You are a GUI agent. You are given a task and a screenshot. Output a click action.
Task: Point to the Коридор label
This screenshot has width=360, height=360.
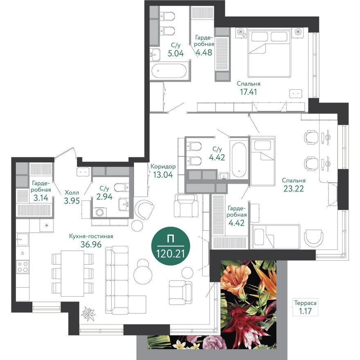[163, 166]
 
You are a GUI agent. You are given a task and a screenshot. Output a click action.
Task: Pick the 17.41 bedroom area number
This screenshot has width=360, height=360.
[249, 92]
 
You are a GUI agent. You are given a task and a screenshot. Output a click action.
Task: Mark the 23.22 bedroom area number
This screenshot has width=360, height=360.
[294, 189]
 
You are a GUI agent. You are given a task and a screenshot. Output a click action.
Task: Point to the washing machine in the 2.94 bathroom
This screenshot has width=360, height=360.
[99, 213]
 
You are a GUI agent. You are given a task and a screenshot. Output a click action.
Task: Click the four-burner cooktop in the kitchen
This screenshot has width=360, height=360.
[22, 267]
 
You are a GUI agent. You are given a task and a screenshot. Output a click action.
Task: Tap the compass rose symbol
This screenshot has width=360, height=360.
[89, 315]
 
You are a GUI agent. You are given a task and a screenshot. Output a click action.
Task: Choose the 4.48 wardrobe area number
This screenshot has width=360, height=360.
[203, 53]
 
